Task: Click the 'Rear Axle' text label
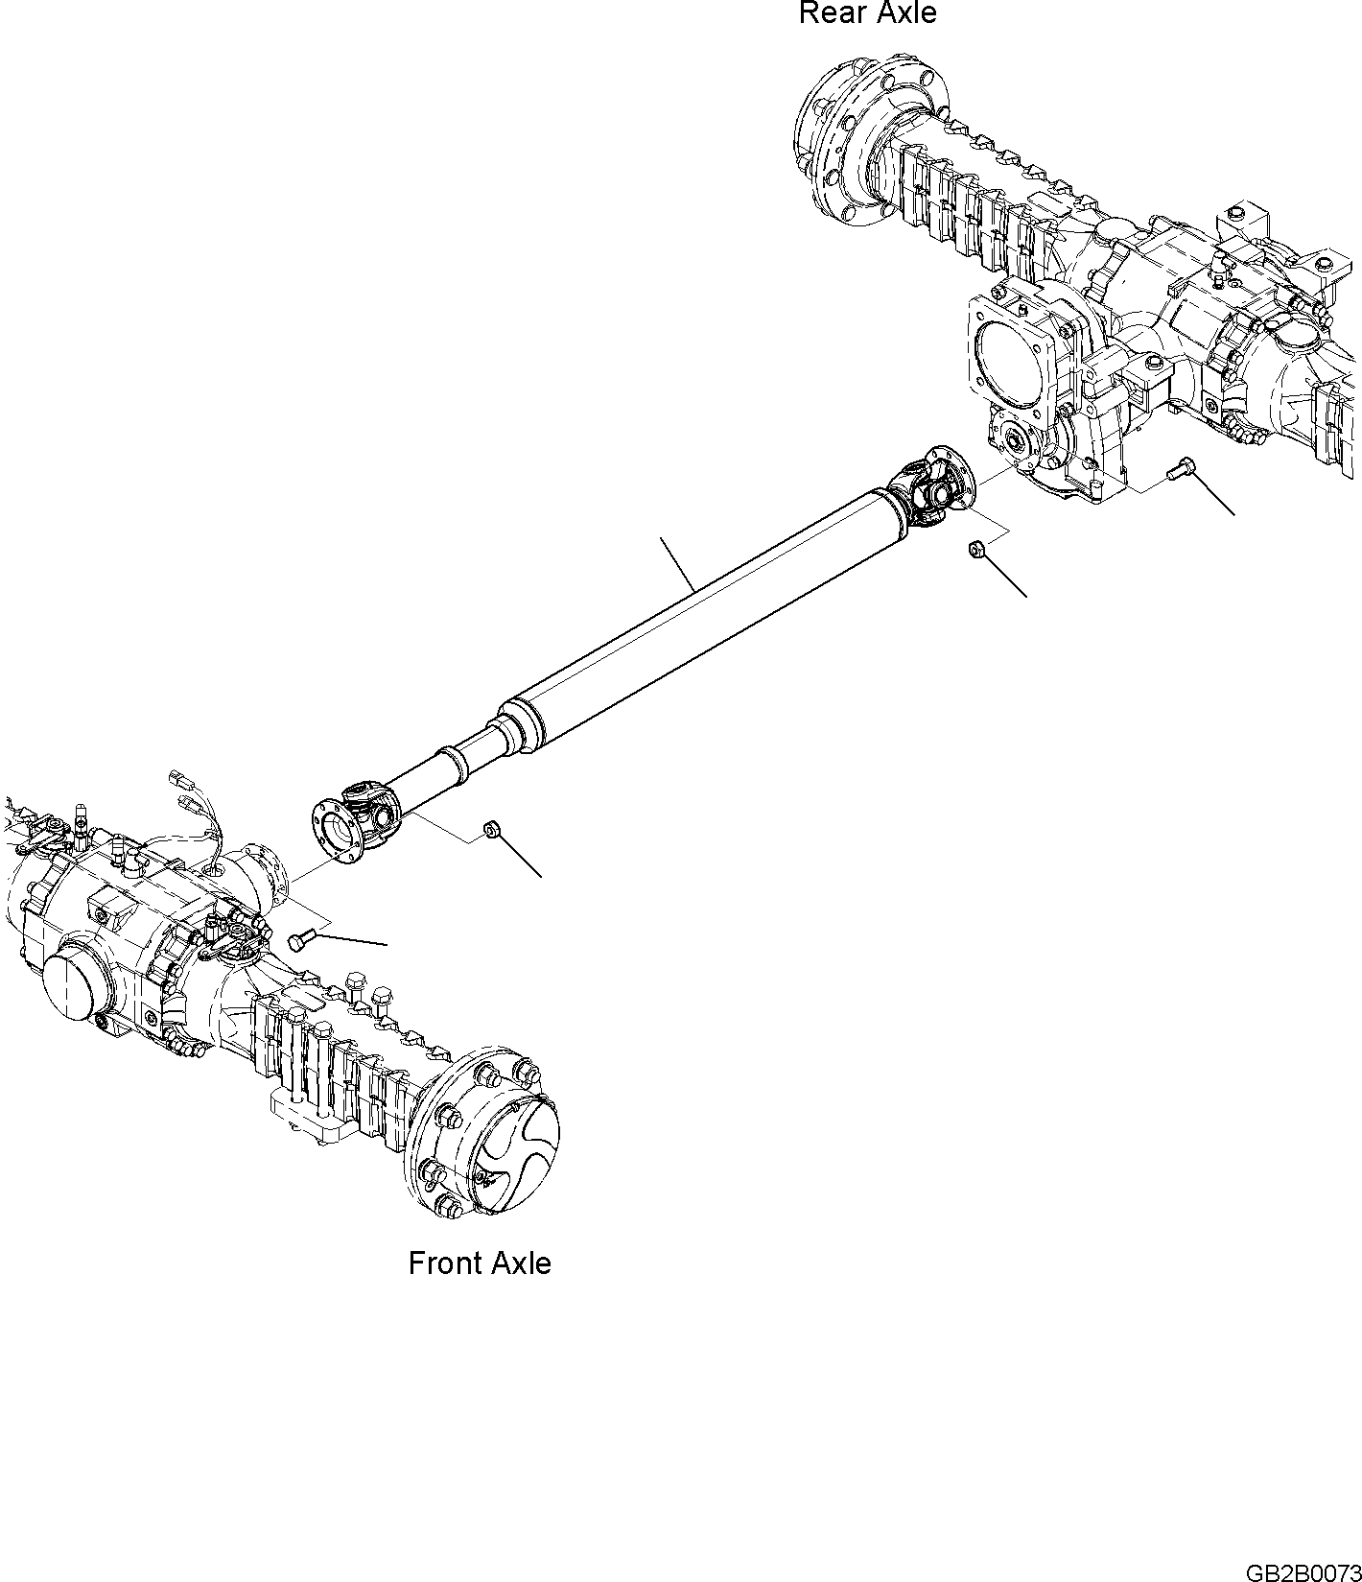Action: [x=867, y=13]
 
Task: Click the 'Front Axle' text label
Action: [x=480, y=1263]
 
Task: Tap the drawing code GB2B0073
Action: [x=1303, y=1572]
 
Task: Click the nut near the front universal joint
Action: [x=491, y=828]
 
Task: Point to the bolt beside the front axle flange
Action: [x=299, y=941]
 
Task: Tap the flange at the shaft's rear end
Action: [x=951, y=474]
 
